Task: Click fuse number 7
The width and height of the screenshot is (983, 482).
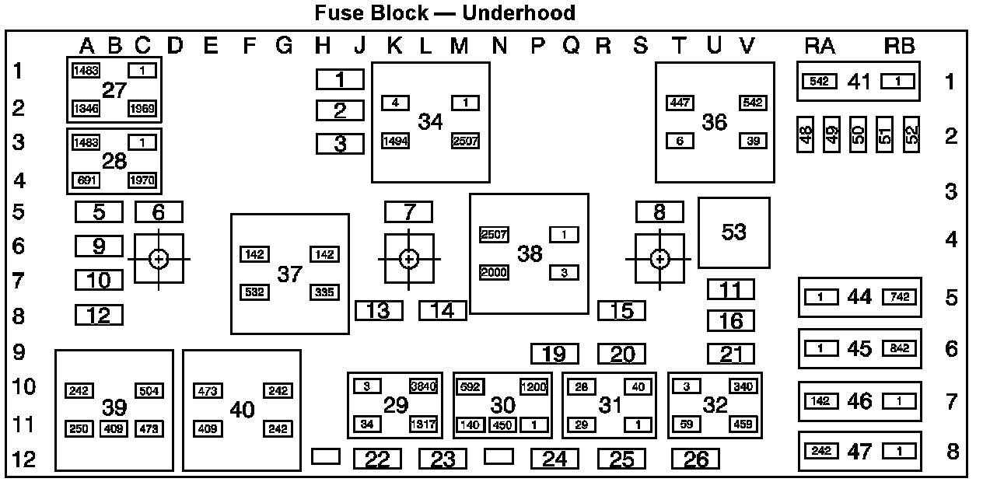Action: tap(409, 211)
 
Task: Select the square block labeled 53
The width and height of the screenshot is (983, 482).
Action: tap(733, 232)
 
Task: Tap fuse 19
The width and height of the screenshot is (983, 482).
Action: tap(554, 354)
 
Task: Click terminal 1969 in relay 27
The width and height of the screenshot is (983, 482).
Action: tap(142, 108)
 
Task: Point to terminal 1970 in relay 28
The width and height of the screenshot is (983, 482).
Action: tap(142, 181)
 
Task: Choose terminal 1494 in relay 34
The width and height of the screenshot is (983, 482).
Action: tap(395, 141)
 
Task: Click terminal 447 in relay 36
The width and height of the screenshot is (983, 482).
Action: tap(680, 103)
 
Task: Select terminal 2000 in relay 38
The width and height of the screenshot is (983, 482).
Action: tap(494, 272)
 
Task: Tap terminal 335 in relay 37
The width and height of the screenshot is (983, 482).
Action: tap(324, 292)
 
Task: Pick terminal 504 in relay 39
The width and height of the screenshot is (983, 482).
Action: tap(149, 390)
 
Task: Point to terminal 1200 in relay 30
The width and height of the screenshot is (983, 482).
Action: tap(533, 386)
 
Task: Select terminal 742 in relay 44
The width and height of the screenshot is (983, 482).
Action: tap(899, 298)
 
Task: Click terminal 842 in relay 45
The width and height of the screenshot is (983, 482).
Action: tap(899, 349)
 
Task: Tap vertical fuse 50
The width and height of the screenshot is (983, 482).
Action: tap(858, 135)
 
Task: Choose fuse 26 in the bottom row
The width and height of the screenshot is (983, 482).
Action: tap(695, 459)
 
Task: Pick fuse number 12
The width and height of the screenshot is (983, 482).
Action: tap(99, 316)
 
